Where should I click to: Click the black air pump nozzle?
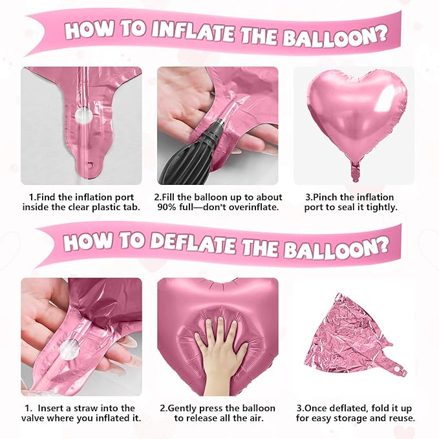[187, 155]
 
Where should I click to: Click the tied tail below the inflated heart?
[354, 172]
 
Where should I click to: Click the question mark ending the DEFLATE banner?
[384, 247]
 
